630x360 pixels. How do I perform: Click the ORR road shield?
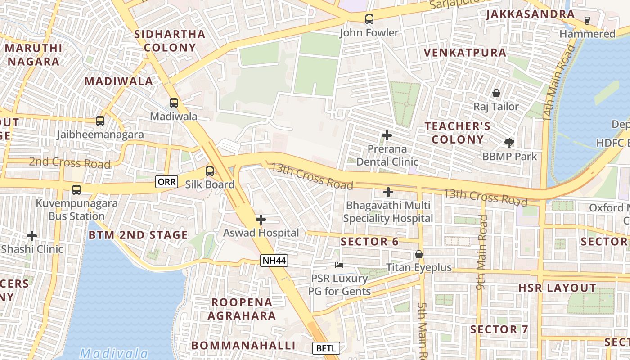click(x=166, y=182)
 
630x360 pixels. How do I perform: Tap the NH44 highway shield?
click(x=274, y=261)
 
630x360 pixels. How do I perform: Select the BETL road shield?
click(x=326, y=348)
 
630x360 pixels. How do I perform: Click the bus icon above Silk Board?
click(x=210, y=171)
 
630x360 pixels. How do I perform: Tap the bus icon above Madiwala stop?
click(x=174, y=103)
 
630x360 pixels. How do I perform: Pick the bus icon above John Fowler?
click(x=369, y=19)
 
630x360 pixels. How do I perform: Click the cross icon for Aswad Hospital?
click(x=261, y=220)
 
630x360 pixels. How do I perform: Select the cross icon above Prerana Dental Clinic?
click(x=387, y=135)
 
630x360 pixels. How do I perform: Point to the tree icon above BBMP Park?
click(x=509, y=143)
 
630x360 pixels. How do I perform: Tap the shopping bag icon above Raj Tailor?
click(x=496, y=93)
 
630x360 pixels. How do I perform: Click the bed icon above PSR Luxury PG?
click(x=339, y=265)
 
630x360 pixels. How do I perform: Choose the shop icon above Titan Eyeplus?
click(x=419, y=254)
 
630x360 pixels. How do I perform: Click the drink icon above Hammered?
click(x=587, y=21)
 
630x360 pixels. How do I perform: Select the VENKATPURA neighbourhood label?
click(x=465, y=53)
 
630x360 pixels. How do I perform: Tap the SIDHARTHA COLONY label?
click(x=170, y=40)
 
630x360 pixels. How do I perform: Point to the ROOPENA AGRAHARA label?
click(x=242, y=309)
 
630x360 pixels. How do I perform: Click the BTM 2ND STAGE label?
click(x=138, y=235)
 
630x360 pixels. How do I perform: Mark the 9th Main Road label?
click(x=482, y=252)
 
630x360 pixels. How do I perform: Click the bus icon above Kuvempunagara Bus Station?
click(x=76, y=190)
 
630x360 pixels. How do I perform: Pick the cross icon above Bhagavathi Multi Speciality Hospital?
click(x=388, y=192)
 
